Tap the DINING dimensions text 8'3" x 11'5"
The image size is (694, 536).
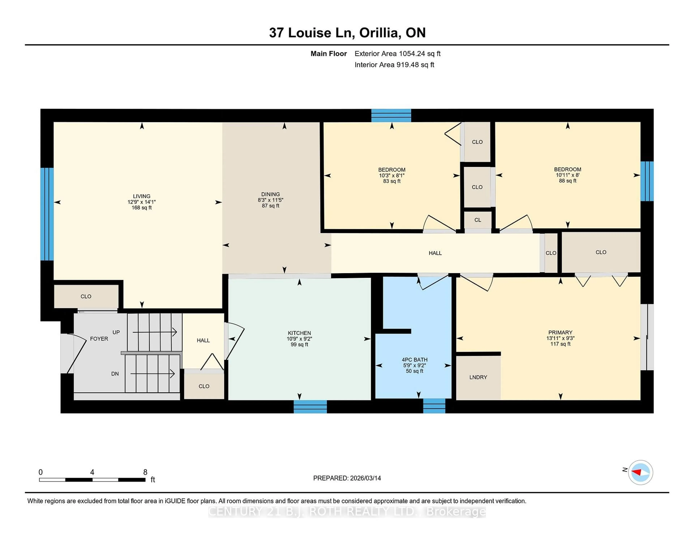coord(270,200)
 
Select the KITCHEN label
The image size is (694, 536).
coord(299,333)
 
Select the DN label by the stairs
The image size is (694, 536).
coord(115,374)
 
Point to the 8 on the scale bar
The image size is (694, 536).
coord(145,472)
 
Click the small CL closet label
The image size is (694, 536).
coord(478,220)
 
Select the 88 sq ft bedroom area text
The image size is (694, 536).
coord(567,181)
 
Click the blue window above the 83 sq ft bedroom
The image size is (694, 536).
coord(391,115)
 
